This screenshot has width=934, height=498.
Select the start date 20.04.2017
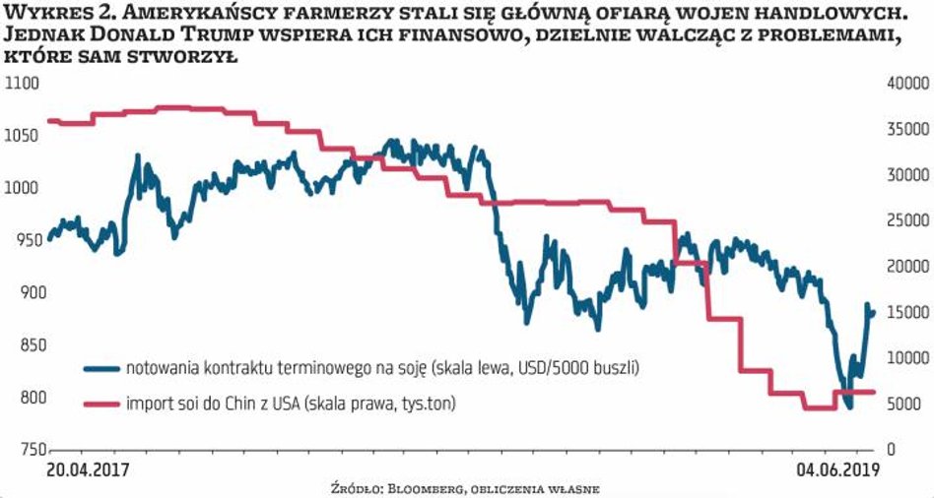coord(88,469)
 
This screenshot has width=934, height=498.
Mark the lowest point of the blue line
coord(848,406)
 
